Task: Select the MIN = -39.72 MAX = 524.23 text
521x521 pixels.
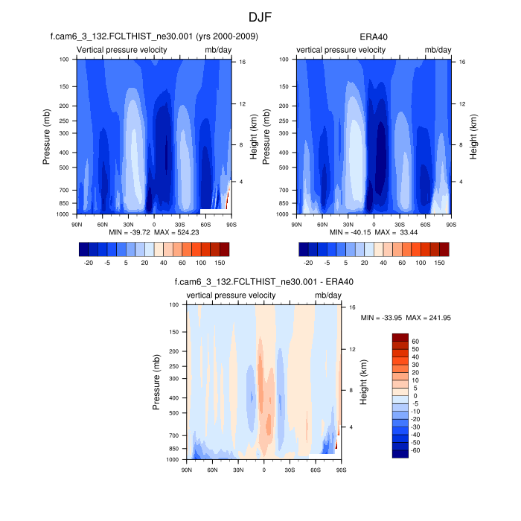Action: pyautogui.click(x=154, y=232)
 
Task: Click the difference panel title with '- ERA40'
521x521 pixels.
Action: pyautogui.click(x=264, y=282)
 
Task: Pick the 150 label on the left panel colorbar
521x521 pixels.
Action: pyautogui.click(x=220, y=263)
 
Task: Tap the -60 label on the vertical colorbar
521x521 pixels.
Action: pyautogui.click(x=416, y=450)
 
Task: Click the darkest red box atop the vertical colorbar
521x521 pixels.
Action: pyautogui.click(x=400, y=338)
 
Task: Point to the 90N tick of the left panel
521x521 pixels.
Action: pyautogui.click(x=76, y=223)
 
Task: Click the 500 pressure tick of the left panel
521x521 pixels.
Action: pyautogui.click(x=64, y=167)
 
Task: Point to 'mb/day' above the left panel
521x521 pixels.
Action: pyautogui.click(x=218, y=50)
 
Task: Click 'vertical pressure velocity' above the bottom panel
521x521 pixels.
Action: pyautogui.click(x=231, y=295)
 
